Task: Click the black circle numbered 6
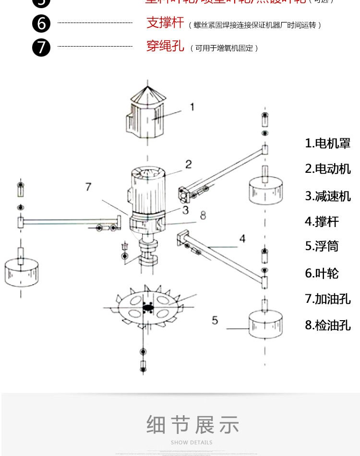tap(41, 24)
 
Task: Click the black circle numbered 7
tap(41, 47)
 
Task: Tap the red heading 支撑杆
tap(165, 23)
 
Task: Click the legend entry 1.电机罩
tap(328, 143)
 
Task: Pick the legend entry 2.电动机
tap(328, 169)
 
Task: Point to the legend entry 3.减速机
tap(328, 196)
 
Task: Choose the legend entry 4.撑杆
tap(322, 221)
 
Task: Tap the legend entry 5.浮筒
tap(322, 246)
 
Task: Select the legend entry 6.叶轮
tap(322, 273)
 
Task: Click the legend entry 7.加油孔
tap(328, 299)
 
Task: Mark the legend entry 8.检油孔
tap(328, 325)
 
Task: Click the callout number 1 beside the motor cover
tap(192, 107)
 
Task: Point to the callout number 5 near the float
tap(215, 320)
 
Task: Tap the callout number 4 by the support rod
tap(242, 239)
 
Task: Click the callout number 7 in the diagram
tap(88, 187)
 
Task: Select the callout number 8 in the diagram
tap(203, 216)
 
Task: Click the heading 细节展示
tap(192, 425)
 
